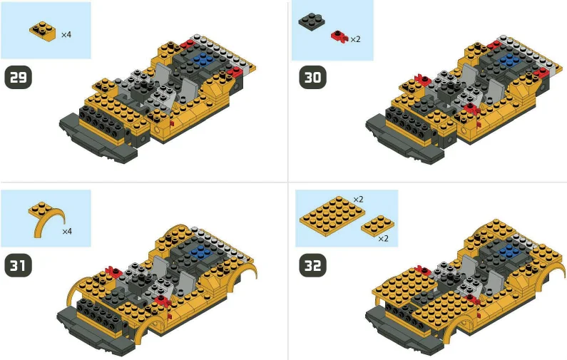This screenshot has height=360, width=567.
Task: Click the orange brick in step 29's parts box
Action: [x=44, y=30]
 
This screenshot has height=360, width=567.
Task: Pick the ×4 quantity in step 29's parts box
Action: [x=66, y=34]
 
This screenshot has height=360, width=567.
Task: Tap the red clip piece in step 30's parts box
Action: [x=338, y=36]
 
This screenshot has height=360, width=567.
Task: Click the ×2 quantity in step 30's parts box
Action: [x=355, y=39]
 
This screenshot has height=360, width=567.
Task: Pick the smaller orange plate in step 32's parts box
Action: [x=375, y=227]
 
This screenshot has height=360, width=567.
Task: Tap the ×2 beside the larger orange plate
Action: [x=358, y=199]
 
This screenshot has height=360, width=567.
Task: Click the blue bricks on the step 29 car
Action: [x=206, y=58]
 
